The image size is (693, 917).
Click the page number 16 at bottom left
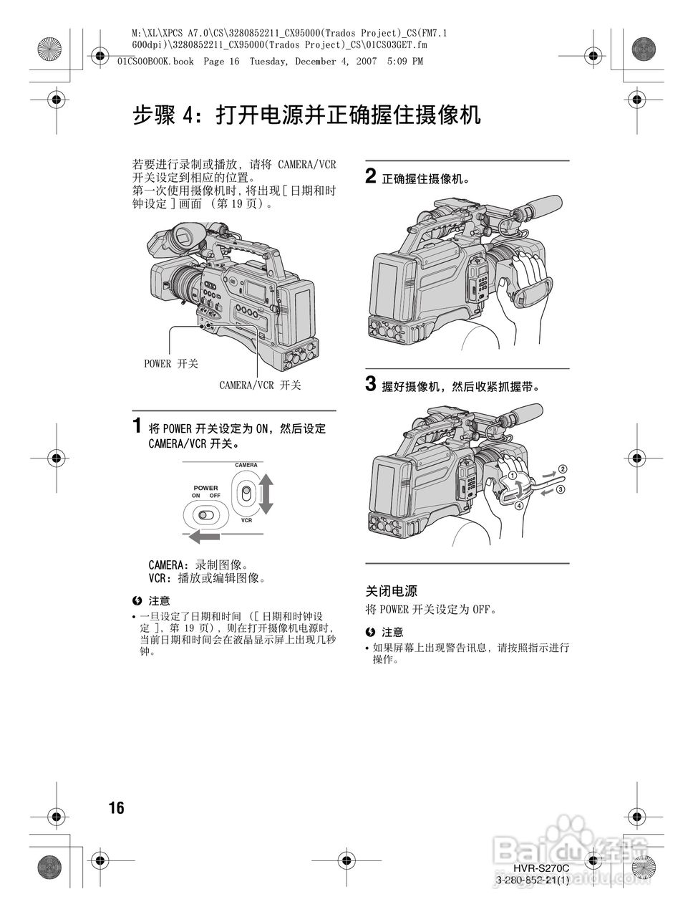pos(116,808)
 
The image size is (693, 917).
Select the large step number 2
pos(371,176)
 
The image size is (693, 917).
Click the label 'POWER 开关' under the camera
pos(171,363)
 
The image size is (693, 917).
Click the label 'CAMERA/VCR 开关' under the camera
pos(260,385)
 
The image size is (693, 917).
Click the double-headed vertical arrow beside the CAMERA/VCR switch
pos(266,493)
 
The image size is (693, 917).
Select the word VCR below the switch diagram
pos(246,520)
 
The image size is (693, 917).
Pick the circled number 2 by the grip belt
pos(562,469)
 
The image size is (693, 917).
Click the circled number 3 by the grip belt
pos(561,490)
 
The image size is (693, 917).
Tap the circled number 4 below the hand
pos(518,504)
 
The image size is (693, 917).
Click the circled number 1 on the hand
pos(513,476)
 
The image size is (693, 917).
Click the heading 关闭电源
pos(391,591)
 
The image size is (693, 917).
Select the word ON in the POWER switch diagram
pos(196,496)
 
